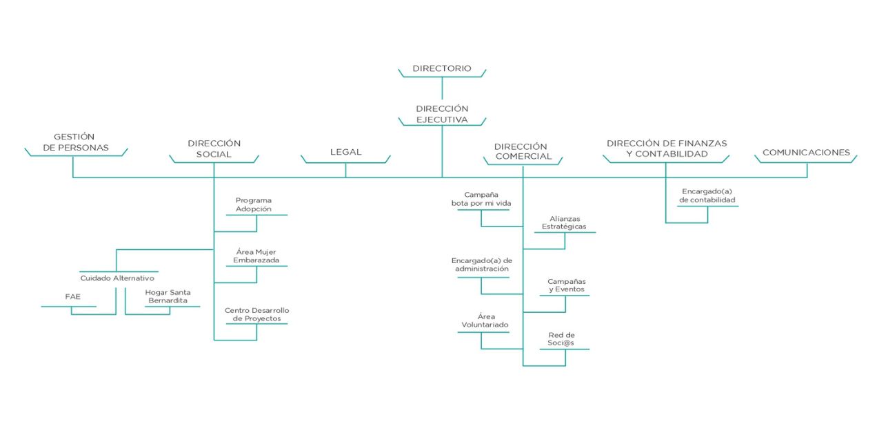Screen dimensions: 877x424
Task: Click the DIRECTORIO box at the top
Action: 442,68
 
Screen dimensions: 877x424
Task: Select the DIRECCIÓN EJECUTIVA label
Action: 442,114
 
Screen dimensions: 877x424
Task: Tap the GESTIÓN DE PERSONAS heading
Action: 76,142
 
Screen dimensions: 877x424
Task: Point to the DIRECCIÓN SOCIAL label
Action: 214,148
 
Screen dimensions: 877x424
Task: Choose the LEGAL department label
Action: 345,152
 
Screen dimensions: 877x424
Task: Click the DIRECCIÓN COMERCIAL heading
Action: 523,151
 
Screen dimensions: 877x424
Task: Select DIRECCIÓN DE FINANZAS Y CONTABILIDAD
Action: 667,148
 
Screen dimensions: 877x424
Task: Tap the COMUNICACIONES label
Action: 806,152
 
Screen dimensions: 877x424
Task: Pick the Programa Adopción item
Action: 253,204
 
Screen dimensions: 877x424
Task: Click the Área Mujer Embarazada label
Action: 256,256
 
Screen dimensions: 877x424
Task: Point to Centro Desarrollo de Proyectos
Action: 257,314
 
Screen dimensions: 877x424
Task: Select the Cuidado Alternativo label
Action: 117,278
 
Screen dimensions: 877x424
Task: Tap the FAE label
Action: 73,296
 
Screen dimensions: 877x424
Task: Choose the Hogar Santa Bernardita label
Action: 168,296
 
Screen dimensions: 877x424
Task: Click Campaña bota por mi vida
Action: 481,199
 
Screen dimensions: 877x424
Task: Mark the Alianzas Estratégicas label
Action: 564,222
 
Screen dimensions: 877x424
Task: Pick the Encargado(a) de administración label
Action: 481,264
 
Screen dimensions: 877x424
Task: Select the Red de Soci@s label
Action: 561,339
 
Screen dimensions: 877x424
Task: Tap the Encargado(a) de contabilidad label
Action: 707,195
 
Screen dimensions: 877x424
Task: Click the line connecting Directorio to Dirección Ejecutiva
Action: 442,88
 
